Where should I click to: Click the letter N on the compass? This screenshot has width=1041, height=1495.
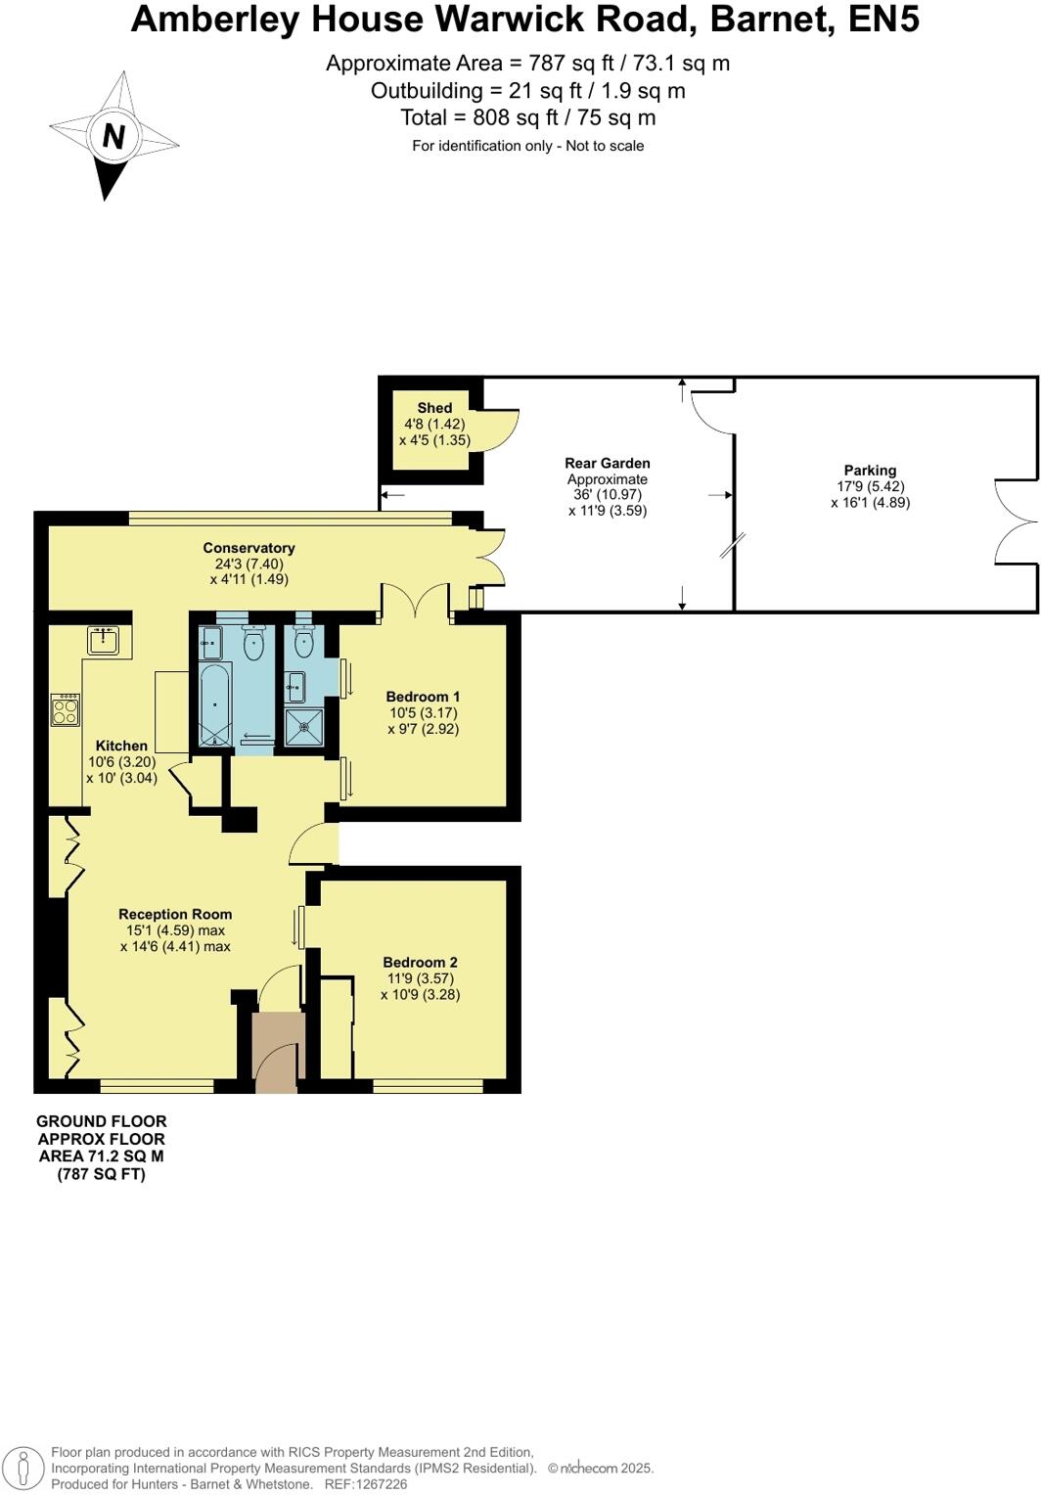point(113,137)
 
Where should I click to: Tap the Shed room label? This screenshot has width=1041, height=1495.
point(434,408)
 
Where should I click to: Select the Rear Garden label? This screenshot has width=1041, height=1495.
point(607,464)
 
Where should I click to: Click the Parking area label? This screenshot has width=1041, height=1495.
point(870,471)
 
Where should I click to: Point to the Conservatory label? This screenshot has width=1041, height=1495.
point(249,548)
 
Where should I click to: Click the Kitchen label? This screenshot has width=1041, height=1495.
point(121,746)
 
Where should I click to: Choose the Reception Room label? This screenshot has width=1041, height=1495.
point(175,915)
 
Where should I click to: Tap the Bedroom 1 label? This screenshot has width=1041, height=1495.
point(423,698)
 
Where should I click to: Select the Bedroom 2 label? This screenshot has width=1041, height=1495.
point(420,963)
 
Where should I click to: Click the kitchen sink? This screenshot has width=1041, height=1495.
point(103,641)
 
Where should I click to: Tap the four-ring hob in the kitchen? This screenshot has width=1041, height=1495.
point(66,709)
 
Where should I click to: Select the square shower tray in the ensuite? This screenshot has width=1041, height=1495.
point(303,728)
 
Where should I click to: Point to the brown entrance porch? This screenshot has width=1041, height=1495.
point(278,1052)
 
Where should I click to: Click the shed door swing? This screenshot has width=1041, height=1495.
point(500,427)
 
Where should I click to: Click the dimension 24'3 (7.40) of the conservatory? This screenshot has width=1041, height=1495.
point(249,565)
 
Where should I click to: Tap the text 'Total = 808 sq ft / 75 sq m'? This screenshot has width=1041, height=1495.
point(527,118)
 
